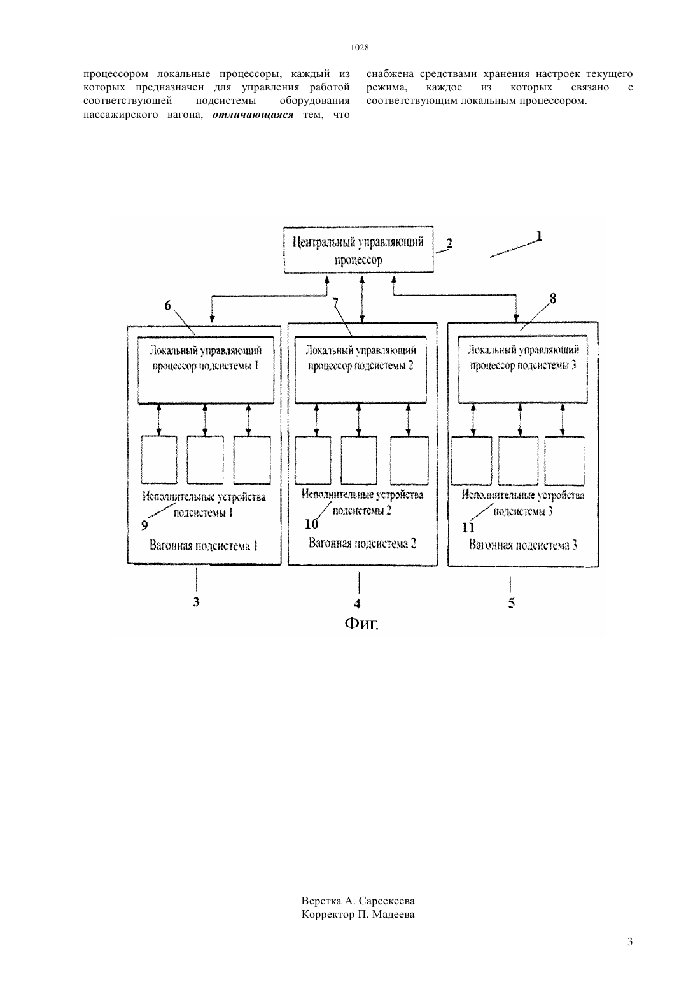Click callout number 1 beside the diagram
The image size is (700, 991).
pos(539,236)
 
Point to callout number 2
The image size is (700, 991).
pos(449,243)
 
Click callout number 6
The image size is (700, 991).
pos(167,306)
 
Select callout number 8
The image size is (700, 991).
pos(553,299)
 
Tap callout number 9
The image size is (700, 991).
pos(144,525)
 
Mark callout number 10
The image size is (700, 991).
pos(312,524)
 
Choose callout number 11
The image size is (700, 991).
pos(468,527)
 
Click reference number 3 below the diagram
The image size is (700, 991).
pos(196,601)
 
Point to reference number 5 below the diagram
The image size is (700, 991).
pos(511,602)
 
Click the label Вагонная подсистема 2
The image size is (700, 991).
pos(362,543)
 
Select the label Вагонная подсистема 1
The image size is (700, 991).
pos(204,545)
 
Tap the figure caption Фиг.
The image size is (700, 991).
pos(361,624)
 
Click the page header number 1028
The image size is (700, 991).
pos(360,47)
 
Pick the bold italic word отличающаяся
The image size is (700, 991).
pos(253,115)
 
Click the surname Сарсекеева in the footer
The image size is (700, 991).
pos(387,901)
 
